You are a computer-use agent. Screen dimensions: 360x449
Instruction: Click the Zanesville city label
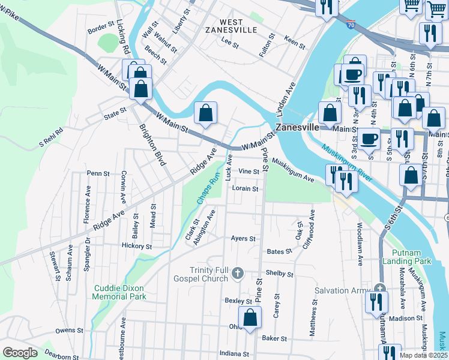[x=297, y=128]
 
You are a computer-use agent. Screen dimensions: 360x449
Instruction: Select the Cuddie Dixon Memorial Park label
[x=120, y=292]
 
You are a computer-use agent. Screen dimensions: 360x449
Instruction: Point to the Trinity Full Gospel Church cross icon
[x=238, y=274]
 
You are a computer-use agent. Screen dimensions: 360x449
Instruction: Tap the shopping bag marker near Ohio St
[x=250, y=317]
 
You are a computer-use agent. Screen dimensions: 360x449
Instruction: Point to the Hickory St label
[x=136, y=246]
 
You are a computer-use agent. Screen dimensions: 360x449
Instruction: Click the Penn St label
[x=98, y=173]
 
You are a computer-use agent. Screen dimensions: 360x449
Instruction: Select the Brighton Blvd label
[x=152, y=143]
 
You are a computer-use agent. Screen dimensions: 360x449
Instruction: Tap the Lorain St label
[x=245, y=188]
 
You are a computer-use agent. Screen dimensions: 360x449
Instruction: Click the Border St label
[x=101, y=27]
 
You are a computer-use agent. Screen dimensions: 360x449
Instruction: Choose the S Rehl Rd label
[x=51, y=137]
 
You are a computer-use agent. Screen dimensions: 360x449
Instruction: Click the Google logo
[x=19, y=353]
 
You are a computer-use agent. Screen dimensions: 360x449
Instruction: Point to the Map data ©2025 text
[x=424, y=355]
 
